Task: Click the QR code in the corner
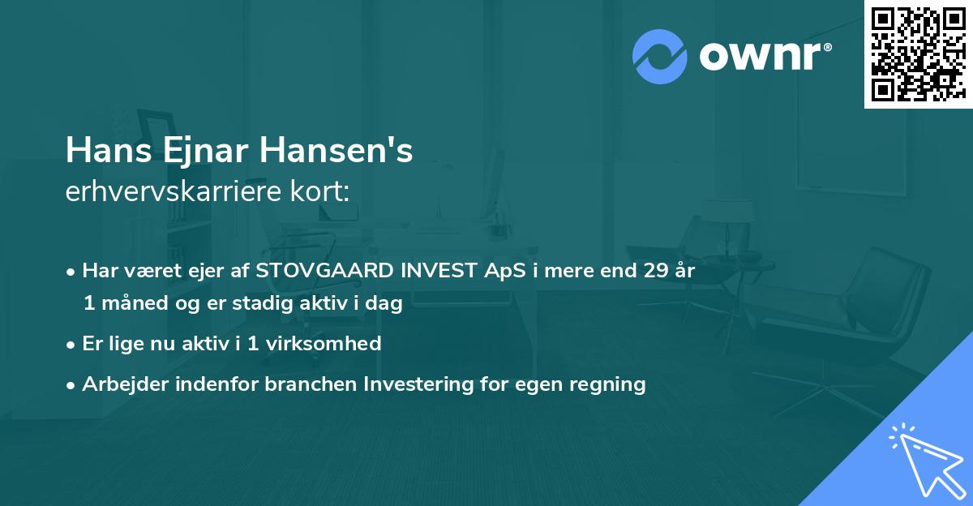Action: tap(918, 54)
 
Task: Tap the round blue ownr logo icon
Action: tap(659, 55)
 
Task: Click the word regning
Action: tap(610, 384)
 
